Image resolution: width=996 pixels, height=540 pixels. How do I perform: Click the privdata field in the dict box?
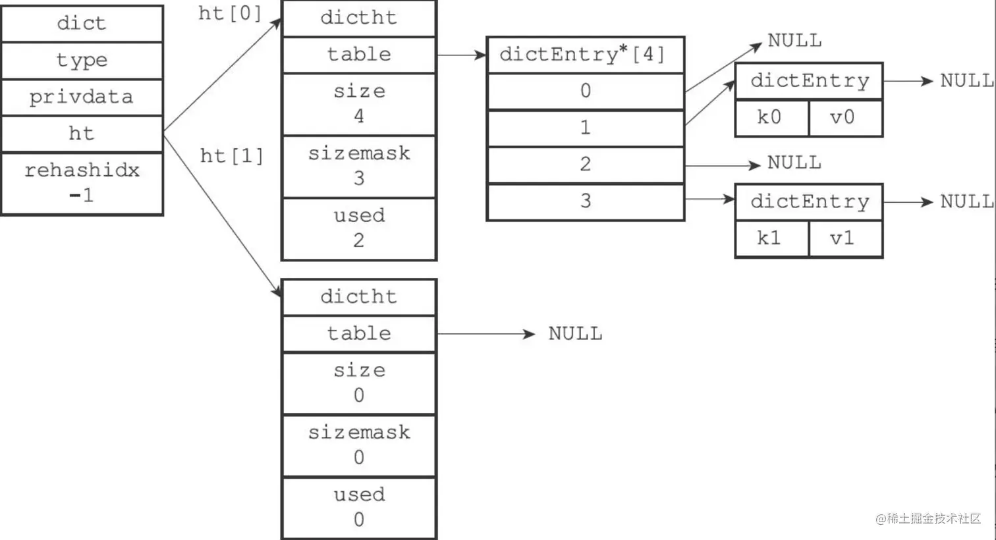[x=82, y=97]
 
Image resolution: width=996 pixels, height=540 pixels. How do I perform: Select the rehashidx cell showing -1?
[x=82, y=183]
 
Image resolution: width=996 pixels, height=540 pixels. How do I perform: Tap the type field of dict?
[x=82, y=61]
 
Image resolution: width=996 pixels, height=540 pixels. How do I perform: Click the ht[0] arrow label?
[x=229, y=13]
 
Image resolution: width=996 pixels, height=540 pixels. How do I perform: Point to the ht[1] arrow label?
[x=232, y=156]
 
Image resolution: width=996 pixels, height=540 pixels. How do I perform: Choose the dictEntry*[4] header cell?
[x=585, y=55]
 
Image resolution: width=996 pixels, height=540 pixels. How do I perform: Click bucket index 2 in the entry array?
[x=585, y=165]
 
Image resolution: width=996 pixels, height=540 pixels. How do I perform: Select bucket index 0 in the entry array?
[x=585, y=91]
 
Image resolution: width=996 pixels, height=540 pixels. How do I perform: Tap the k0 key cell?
[x=771, y=118]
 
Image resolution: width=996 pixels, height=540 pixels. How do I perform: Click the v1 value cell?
[x=845, y=238]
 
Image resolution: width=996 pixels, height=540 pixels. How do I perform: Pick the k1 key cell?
[x=771, y=238]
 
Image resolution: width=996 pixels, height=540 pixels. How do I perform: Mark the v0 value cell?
[x=845, y=118]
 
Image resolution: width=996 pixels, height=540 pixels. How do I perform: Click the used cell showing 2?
[x=359, y=229]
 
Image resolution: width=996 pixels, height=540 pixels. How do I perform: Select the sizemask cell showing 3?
[x=359, y=166]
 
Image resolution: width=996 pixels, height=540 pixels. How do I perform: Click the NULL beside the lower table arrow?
[x=575, y=334]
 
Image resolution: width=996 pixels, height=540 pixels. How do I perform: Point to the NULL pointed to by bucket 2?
[x=794, y=163]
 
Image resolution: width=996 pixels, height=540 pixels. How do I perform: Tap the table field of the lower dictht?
[x=359, y=334]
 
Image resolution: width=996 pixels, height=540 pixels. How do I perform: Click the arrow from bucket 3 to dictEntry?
[x=710, y=199]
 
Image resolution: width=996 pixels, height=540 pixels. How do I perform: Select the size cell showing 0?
[x=359, y=383]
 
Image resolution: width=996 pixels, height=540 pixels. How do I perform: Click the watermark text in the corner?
[x=928, y=518]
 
